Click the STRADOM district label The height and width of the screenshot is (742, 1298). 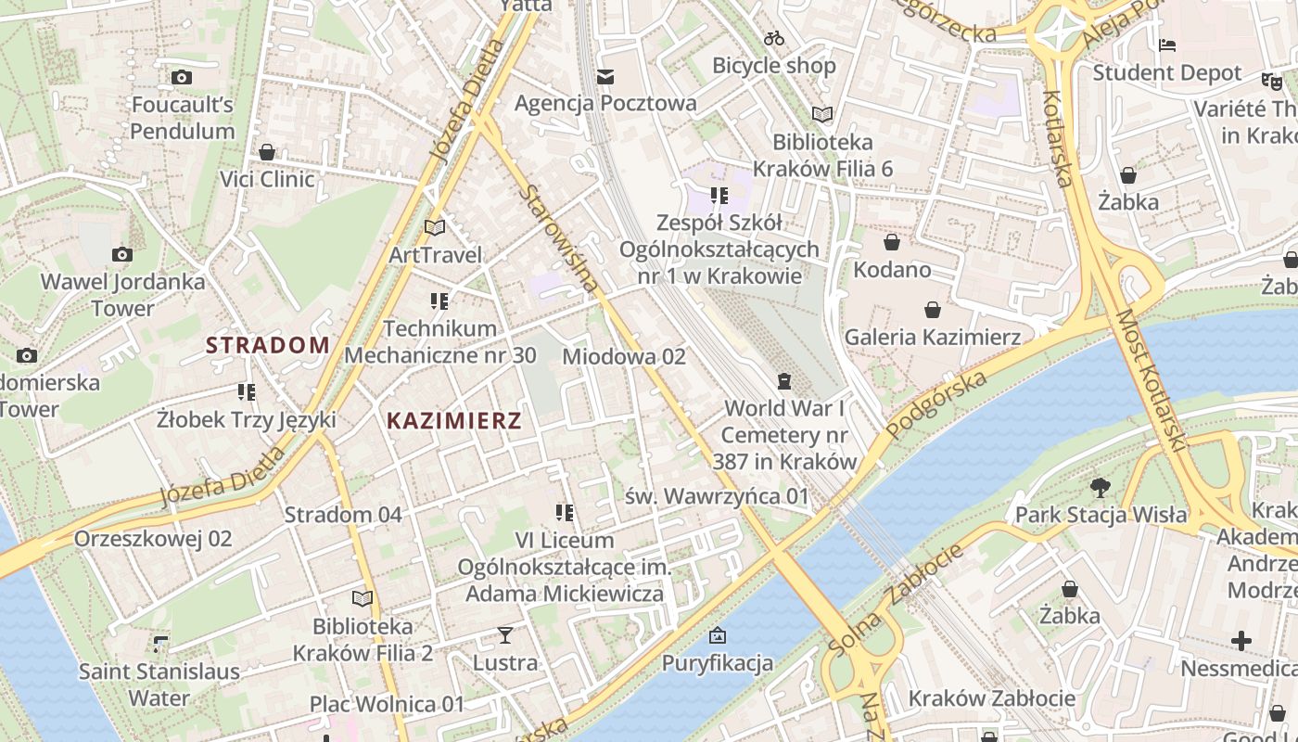point(267,346)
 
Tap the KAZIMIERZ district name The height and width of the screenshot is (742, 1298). point(453,421)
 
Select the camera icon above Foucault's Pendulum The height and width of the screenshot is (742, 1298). point(182,78)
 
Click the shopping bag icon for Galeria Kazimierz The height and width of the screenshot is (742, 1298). point(932,310)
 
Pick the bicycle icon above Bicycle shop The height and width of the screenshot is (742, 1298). point(774,38)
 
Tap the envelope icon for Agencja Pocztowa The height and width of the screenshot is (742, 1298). point(605,76)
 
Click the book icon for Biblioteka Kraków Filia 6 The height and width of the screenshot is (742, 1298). point(821,114)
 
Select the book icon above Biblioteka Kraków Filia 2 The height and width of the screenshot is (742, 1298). point(363,599)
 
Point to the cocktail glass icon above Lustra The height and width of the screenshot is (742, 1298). point(504,635)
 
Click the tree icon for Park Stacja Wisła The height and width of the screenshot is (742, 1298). point(1101,487)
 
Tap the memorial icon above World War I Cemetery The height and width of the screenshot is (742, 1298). point(784,381)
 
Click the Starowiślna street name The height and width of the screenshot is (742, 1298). point(559,238)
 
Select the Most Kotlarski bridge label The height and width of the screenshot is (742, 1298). point(1151,380)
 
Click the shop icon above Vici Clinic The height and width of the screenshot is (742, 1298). point(267,152)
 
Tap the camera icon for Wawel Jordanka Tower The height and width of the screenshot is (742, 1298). point(121,254)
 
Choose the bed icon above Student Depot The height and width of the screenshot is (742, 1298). point(1167,45)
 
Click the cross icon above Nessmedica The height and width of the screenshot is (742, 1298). point(1241,641)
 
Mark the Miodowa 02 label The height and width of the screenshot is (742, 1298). point(623,356)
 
